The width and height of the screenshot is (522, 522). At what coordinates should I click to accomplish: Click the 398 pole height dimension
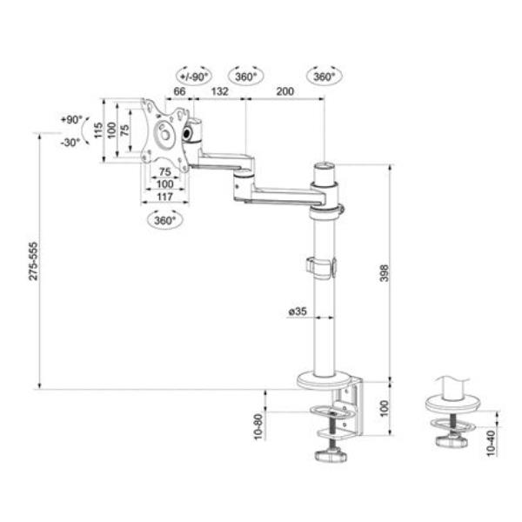[x=385, y=272]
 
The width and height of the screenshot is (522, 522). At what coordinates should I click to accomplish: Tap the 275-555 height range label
[x=33, y=261]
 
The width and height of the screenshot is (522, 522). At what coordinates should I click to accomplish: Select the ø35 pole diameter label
[x=298, y=311]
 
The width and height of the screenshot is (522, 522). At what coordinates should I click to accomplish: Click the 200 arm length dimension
[x=285, y=91]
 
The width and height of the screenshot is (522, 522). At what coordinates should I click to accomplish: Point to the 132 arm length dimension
[x=220, y=91]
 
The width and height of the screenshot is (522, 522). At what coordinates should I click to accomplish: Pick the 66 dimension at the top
[x=180, y=91]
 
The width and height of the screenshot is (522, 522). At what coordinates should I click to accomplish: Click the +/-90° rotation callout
[x=194, y=77]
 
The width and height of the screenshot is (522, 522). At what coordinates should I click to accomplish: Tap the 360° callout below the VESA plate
[x=164, y=220]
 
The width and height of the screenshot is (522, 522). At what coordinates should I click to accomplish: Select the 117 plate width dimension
[x=164, y=197]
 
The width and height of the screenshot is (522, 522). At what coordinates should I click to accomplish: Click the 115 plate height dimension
[x=98, y=130]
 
